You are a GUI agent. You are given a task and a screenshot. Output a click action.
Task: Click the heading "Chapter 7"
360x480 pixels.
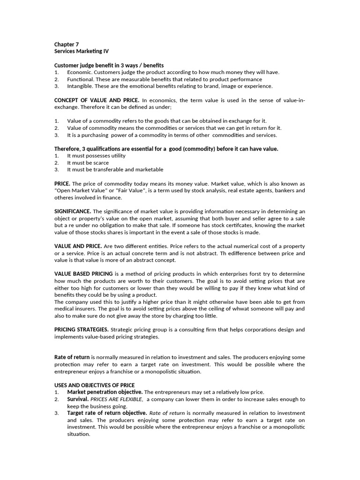click(x=67, y=45)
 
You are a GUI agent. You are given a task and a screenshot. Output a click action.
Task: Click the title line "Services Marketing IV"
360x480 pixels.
click(x=82, y=52)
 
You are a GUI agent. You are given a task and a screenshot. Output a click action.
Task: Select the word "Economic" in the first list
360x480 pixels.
click(x=79, y=72)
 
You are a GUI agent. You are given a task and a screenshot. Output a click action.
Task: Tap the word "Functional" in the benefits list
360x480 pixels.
click(x=80, y=79)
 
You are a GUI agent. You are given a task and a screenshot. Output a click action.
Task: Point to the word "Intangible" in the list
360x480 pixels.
click(x=80, y=86)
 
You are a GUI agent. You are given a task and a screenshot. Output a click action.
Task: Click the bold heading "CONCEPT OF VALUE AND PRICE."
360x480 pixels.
click(x=97, y=100)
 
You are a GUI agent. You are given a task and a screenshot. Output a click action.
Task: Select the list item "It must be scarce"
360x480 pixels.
click(x=88, y=163)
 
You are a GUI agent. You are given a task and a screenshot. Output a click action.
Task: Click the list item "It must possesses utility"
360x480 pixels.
click(x=96, y=156)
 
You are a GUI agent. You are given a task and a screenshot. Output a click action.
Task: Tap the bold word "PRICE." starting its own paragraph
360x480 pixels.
click(x=62, y=183)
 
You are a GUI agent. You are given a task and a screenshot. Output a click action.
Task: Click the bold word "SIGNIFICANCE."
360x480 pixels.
click(x=73, y=211)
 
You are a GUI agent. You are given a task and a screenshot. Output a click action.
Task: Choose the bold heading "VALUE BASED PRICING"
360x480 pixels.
click(x=83, y=274)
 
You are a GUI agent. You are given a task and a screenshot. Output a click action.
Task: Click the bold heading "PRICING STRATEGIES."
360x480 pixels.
click(x=82, y=330)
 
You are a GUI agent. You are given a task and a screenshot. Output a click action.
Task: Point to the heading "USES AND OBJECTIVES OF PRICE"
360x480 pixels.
click(x=94, y=385)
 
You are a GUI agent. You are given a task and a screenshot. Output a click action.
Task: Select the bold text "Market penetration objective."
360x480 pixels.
click(x=105, y=392)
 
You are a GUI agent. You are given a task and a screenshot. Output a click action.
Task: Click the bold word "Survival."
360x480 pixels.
click(x=78, y=399)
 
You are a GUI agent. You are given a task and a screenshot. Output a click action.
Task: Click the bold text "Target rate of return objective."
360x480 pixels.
click(x=107, y=413)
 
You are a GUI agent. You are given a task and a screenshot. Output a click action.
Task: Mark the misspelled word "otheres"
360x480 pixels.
click(x=65, y=198)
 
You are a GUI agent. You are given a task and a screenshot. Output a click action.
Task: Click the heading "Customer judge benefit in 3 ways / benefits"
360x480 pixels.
click(x=109, y=65)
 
